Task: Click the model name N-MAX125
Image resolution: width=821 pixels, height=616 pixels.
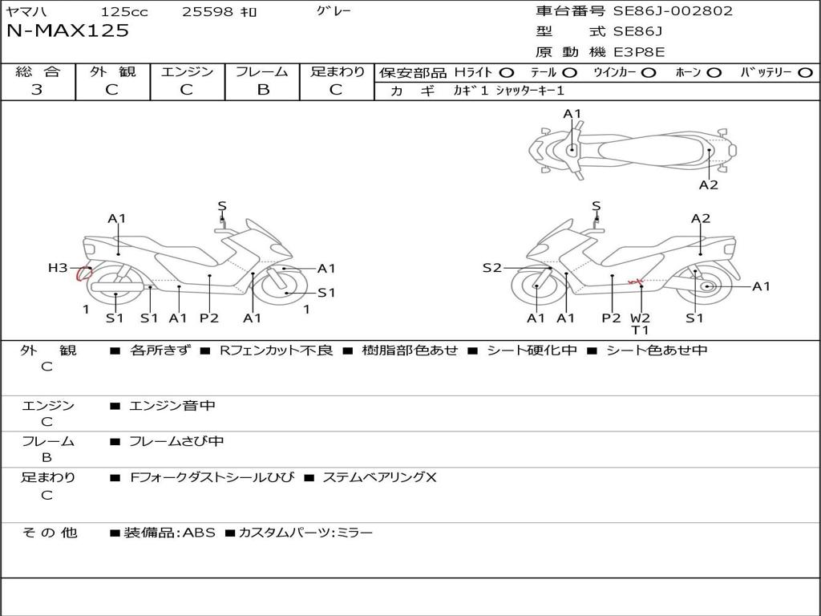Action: point(67,31)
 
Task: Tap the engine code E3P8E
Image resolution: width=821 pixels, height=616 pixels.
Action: point(639,52)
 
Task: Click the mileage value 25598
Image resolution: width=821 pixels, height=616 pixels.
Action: point(208,12)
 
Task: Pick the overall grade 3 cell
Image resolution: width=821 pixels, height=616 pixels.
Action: point(37,90)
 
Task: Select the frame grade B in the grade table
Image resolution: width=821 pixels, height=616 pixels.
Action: point(262,90)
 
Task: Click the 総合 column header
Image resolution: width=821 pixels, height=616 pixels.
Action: point(37,71)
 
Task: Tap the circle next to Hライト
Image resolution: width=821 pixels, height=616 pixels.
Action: point(507,72)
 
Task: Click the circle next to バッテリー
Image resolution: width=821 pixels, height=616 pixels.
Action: point(805,72)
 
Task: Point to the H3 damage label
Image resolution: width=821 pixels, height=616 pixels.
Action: point(58,268)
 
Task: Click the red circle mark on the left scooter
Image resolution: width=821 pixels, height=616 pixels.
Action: point(82,274)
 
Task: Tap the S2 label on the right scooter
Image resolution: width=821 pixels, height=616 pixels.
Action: point(491,268)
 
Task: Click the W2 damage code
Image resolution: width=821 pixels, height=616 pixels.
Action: point(641,318)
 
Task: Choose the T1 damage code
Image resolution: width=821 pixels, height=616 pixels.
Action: point(641,330)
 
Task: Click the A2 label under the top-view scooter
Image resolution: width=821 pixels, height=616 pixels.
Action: point(708,184)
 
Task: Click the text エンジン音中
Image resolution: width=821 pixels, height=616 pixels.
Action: point(172,406)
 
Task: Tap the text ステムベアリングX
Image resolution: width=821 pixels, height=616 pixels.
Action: point(379,477)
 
